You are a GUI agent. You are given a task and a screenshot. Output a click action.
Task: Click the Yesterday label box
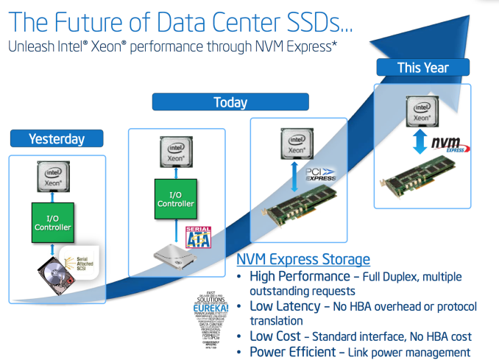point(57,138)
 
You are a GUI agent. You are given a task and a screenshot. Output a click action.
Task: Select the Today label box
point(230,102)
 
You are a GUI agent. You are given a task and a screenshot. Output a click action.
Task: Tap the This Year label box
point(422,68)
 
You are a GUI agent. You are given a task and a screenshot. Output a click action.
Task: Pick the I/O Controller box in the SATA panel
point(177,198)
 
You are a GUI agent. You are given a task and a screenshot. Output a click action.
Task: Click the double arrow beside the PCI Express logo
point(297,176)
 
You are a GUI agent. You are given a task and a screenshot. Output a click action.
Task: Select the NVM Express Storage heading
point(303,259)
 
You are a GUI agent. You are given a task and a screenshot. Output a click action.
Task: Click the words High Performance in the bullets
point(300,277)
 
